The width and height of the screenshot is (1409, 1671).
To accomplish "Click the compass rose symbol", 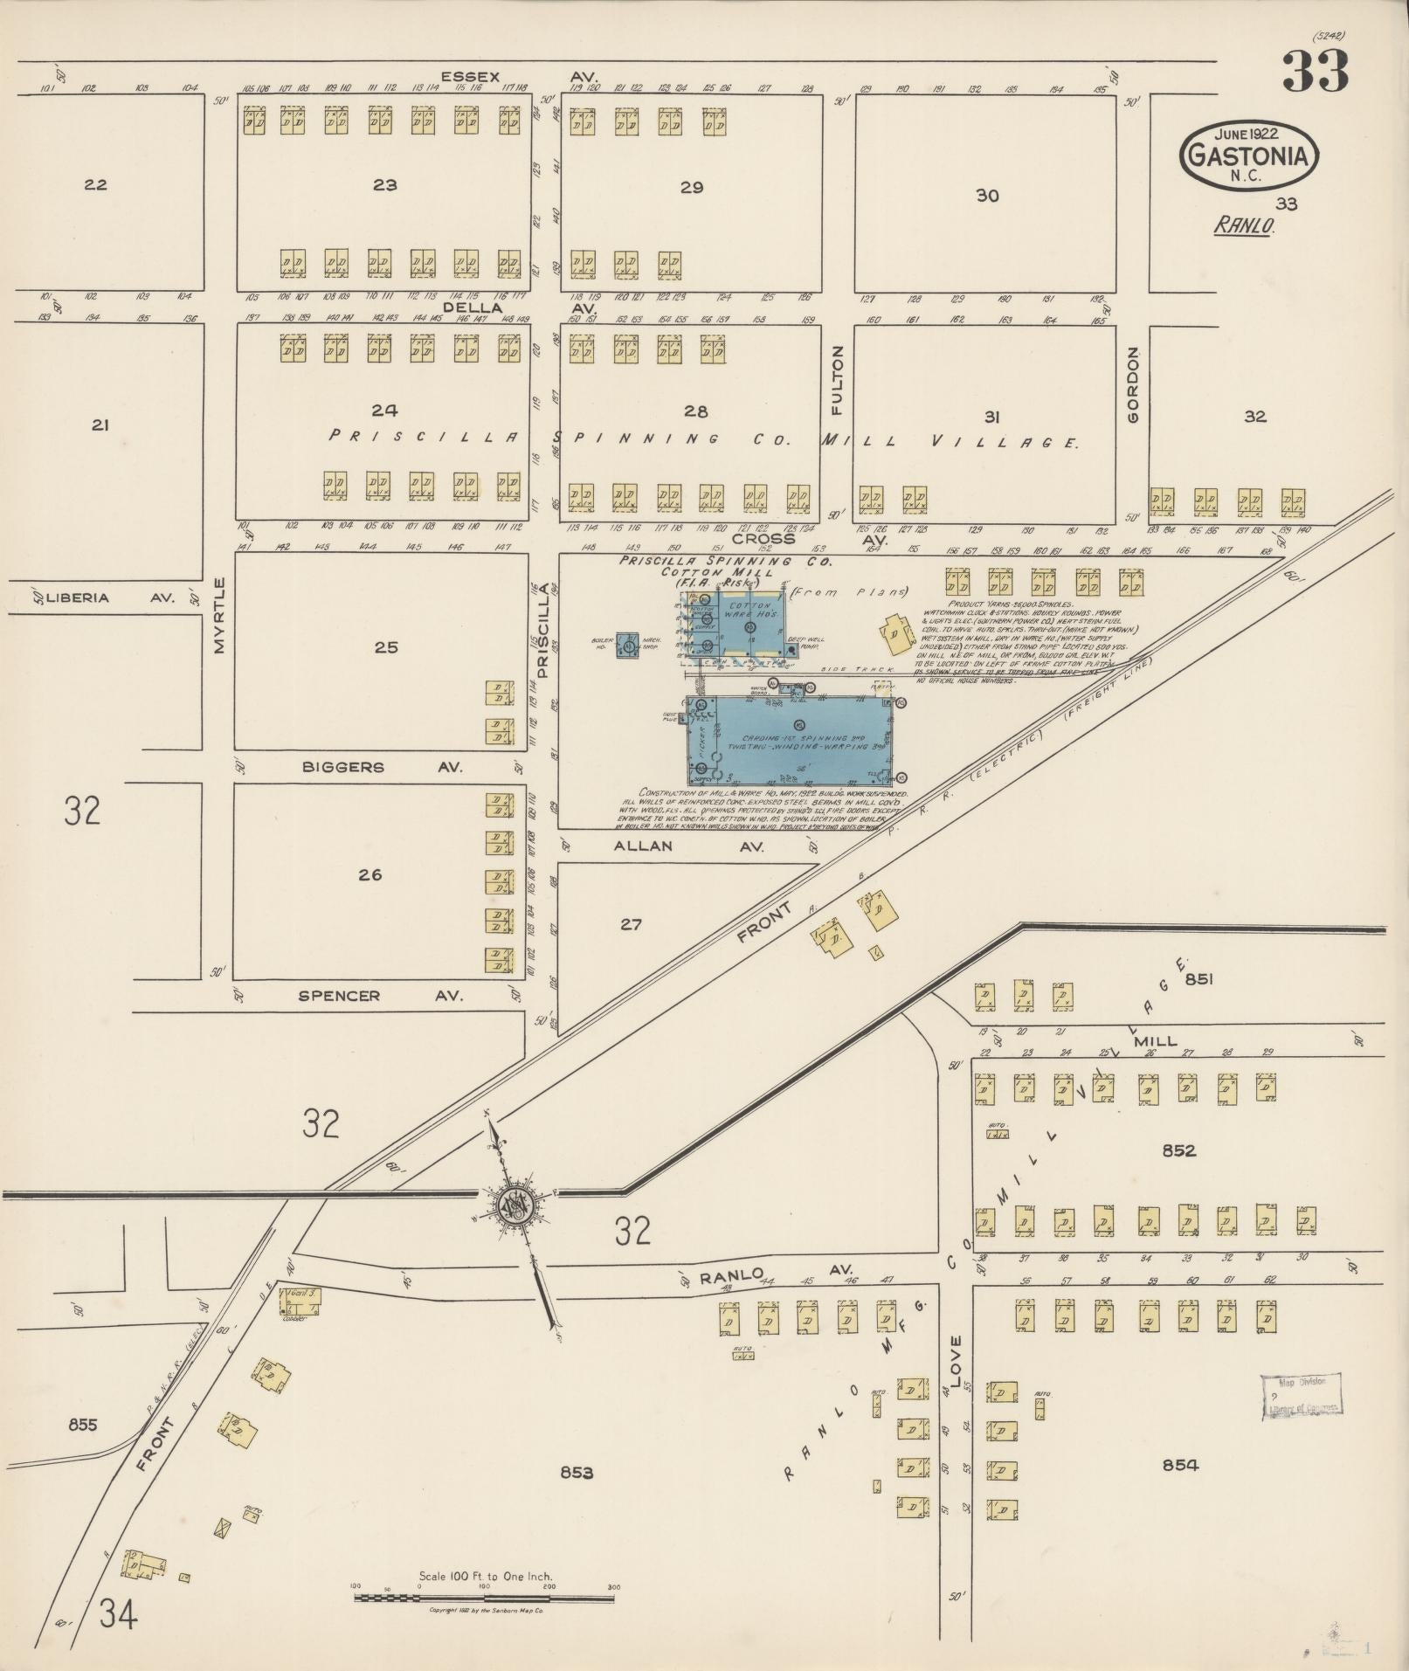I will (512, 1205).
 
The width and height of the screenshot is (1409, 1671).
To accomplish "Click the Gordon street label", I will (1133, 385).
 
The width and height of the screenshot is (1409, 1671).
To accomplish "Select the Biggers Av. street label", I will (382, 767).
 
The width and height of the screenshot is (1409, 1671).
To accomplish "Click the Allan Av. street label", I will (688, 846).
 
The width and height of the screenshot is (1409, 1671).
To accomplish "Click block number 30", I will (987, 196).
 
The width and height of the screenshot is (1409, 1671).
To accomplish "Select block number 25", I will (385, 647).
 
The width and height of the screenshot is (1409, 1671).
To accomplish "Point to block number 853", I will (577, 1473).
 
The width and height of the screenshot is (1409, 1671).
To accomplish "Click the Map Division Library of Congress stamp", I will (1300, 1394).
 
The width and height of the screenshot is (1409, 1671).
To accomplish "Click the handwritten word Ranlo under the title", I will (1244, 225).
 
